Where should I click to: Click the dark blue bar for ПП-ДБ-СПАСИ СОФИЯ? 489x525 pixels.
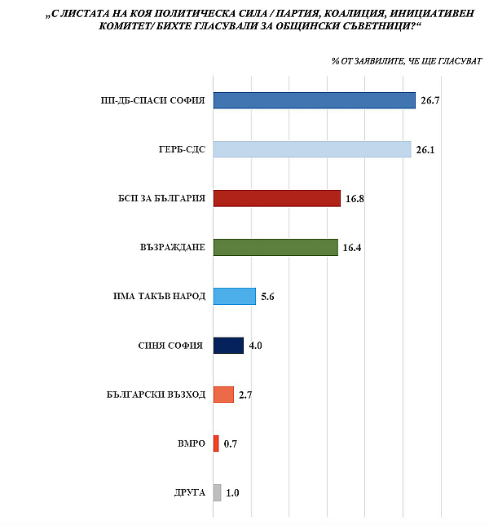pos(314,100)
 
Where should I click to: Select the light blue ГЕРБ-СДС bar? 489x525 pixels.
pos(311,149)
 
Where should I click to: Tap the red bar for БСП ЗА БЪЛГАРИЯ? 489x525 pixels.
pos(276,198)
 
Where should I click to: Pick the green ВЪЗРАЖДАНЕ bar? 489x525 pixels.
pos(275,247)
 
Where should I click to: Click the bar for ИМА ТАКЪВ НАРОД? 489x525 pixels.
pos(234,296)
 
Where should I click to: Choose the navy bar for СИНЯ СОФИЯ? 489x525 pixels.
pos(228,345)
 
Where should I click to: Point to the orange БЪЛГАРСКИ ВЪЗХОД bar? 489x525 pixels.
pos(223,395)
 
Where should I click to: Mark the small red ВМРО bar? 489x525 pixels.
pos(216,443)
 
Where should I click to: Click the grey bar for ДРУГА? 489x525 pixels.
pos(217,492)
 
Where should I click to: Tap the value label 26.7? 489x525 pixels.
pos(429,101)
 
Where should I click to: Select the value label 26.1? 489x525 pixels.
pos(425,150)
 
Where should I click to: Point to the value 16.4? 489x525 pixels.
pos(352,248)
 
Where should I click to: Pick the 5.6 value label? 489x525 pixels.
pos(268,297)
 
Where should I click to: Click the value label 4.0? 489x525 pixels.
pos(255,346)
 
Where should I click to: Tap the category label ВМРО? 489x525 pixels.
pos(190,443)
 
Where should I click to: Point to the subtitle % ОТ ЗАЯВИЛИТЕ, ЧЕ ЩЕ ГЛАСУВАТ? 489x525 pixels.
pos(406,61)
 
